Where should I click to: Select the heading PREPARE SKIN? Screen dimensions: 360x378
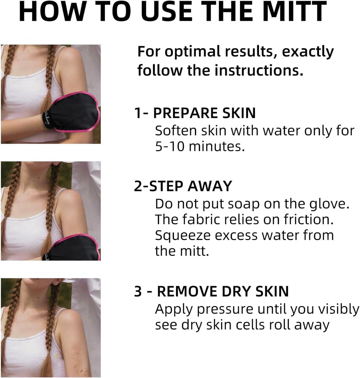click(204, 113)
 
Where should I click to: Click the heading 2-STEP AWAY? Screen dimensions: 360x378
click(183, 186)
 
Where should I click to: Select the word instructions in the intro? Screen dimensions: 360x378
click(259, 70)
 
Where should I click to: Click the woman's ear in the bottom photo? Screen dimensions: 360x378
click(58, 281)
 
